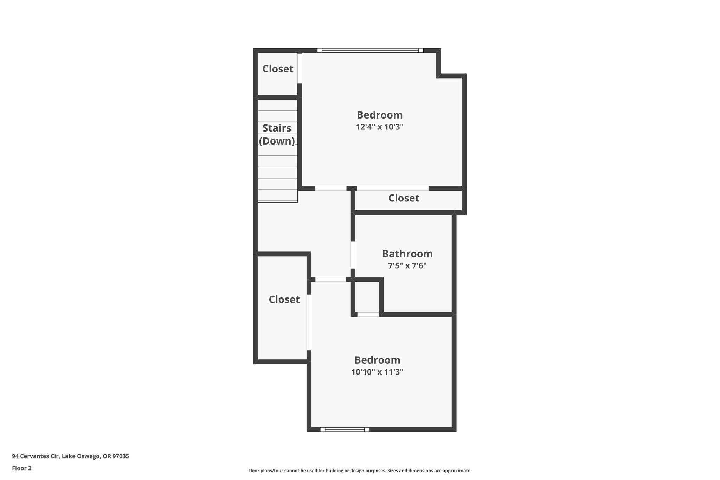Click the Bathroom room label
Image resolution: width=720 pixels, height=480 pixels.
click(407, 254)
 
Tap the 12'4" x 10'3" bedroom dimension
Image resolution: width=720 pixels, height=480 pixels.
click(379, 127)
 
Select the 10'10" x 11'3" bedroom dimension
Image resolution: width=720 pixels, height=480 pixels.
click(377, 372)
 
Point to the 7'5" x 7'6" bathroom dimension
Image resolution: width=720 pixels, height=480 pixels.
click(407, 266)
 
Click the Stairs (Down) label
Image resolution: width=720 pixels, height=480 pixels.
click(277, 134)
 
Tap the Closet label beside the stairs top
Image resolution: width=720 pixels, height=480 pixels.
click(278, 69)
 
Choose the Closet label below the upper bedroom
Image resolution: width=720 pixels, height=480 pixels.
click(404, 198)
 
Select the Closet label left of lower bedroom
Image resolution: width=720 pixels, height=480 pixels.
click(284, 300)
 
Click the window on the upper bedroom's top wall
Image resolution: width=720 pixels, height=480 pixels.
click(370, 51)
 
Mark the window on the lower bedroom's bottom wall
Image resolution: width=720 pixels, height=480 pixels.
click(345, 429)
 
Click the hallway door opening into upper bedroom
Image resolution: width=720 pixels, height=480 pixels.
click(330, 188)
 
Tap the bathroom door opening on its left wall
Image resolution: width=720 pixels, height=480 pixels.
click(353, 255)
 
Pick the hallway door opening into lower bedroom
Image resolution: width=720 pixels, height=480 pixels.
click(330, 280)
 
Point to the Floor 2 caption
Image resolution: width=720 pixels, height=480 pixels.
click(22, 468)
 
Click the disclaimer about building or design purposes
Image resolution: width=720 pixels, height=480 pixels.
click(360, 471)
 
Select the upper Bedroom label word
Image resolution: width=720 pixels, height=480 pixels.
click(379, 115)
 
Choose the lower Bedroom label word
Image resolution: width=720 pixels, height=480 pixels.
click(377, 360)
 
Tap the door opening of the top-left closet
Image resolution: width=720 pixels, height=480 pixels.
click(300, 68)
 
